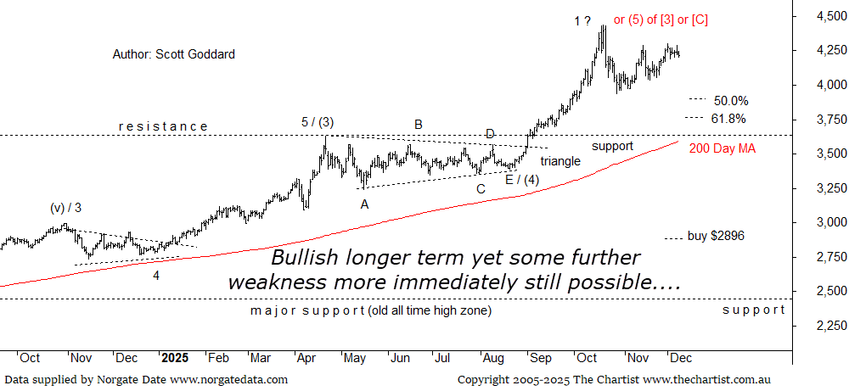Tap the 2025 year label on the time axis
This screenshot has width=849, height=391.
point(175,358)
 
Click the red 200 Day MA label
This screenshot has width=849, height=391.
point(722,148)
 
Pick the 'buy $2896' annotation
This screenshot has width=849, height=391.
point(716,237)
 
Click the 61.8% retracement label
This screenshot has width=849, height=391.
point(729,119)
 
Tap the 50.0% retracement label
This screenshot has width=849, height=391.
point(730,99)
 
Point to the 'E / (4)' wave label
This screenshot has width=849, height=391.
point(522,179)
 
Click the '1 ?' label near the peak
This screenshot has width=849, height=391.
point(582,20)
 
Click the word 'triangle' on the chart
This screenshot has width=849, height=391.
point(560,161)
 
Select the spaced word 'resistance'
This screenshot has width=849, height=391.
point(163,126)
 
